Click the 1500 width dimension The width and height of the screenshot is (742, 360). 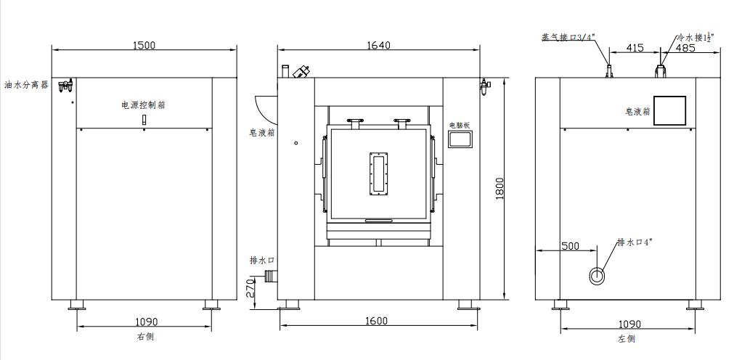[144, 45]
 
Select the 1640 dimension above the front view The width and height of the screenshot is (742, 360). [378, 45]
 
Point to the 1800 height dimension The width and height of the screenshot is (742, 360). [500, 191]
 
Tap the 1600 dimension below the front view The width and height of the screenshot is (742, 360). [376, 321]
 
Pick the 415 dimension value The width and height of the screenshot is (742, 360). [634, 48]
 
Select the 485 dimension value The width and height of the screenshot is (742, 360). [685, 48]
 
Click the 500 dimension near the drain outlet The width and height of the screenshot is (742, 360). [570, 246]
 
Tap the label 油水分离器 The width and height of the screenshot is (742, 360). [26, 85]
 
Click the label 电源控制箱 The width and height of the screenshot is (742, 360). [143, 105]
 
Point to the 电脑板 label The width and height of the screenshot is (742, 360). [460, 126]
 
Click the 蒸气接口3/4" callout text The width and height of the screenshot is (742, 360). [568, 36]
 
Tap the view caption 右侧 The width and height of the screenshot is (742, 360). [145, 337]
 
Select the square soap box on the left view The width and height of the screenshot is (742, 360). [669, 110]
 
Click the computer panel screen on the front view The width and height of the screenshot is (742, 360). [460, 141]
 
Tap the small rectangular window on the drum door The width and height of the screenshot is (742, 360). [378, 173]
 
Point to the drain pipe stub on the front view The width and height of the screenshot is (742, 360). [272, 276]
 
